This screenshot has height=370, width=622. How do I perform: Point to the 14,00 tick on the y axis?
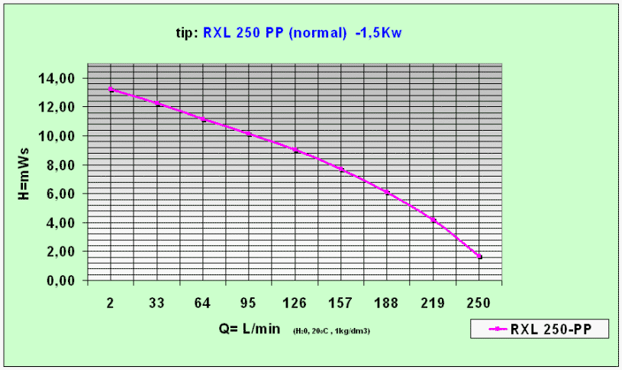(x=57, y=79)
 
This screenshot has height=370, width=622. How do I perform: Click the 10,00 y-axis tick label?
(x=57, y=136)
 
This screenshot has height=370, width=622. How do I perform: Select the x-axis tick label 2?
(x=111, y=303)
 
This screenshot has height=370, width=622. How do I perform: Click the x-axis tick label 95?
(x=249, y=303)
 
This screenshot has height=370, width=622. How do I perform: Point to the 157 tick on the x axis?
(x=341, y=303)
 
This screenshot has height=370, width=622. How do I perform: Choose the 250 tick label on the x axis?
(x=479, y=303)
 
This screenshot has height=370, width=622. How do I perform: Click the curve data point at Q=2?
(x=111, y=89)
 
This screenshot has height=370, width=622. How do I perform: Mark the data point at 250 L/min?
(x=479, y=257)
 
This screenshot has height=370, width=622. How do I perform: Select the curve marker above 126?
(x=295, y=150)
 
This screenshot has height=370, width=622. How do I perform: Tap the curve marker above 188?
(x=388, y=192)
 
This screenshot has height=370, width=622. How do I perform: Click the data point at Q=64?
(x=203, y=119)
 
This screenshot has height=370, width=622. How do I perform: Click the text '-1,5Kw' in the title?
(x=379, y=34)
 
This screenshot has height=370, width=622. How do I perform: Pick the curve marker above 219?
(x=433, y=220)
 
